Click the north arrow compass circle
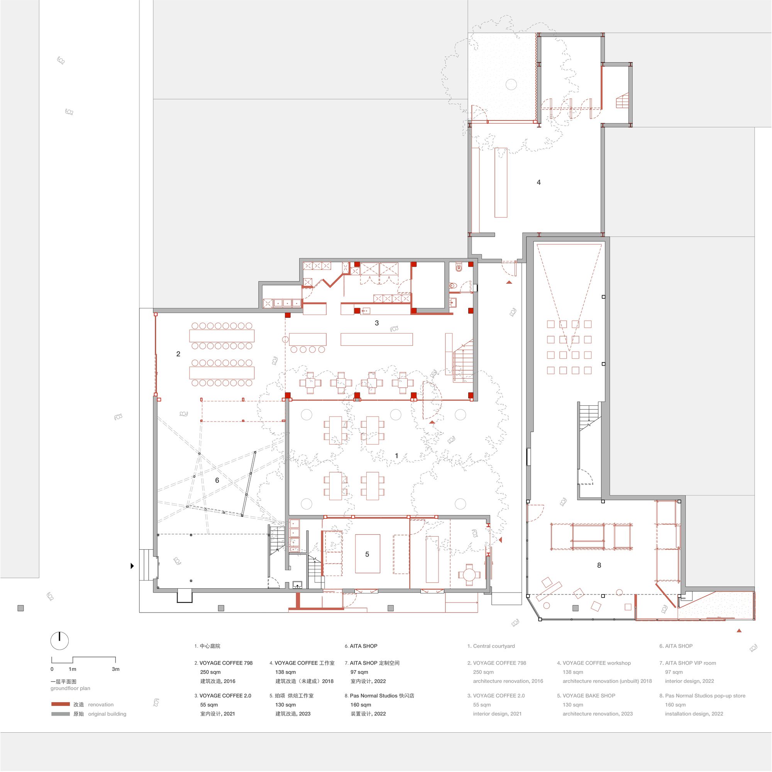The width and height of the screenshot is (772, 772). tap(59, 641)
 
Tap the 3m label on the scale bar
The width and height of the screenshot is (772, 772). tap(115, 669)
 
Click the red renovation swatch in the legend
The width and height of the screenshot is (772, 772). tap(60, 704)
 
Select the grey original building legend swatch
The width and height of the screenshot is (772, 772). tap(60, 714)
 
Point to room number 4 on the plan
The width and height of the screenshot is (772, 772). tap(538, 182)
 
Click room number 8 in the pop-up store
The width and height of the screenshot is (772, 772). tap(599, 565)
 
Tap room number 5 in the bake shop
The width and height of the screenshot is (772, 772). tap(367, 554)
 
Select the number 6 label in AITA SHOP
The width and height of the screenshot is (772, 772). tap(217, 480)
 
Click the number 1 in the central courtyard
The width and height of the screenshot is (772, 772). tap(396, 455)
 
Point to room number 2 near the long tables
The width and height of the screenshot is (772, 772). tap(178, 354)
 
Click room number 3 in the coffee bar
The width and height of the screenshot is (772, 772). tap(376, 323)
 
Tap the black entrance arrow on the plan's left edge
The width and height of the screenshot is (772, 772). tap(132, 566)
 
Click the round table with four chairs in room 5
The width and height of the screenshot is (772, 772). tap(469, 575)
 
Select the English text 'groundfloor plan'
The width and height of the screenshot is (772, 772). tap(70, 688)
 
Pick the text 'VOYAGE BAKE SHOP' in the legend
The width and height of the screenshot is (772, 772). tap(589, 695)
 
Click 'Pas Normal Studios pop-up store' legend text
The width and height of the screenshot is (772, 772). tap(705, 695)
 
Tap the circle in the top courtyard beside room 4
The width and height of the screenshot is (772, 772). tap(511, 84)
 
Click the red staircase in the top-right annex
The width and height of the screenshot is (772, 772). tap(622, 101)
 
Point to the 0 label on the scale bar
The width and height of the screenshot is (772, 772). tap(52, 669)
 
